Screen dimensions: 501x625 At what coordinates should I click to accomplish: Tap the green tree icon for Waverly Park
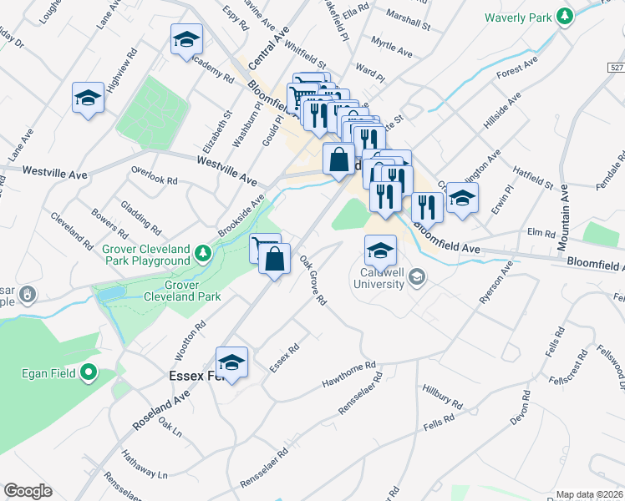click(x=566, y=16)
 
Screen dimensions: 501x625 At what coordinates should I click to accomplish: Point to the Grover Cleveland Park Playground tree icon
click(x=201, y=251)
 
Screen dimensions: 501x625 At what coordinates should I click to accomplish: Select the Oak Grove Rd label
click(x=312, y=280)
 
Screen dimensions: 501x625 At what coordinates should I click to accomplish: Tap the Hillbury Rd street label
click(x=442, y=397)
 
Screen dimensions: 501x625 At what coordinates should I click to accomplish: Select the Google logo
click(x=28, y=490)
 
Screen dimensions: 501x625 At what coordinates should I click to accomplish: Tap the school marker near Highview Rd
click(x=88, y=98)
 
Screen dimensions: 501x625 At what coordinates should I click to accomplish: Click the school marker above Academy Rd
click(x=186, y=38)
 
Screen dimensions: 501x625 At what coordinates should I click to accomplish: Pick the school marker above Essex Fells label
click(x=231, y=362)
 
